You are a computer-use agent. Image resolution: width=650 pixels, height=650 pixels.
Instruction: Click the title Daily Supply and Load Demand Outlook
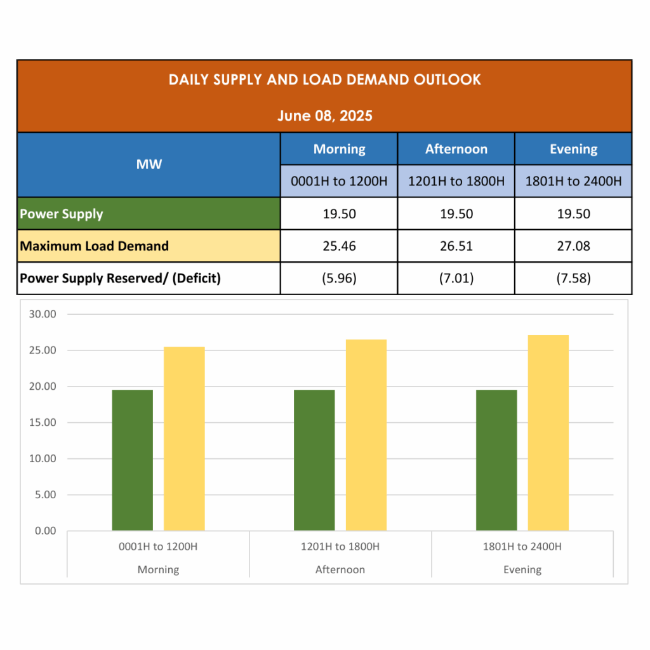(x=324, y=80)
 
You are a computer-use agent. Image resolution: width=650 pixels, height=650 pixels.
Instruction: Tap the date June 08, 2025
(x=324, y=116)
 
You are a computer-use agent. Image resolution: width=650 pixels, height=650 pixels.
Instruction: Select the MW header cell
(x=149, y=164)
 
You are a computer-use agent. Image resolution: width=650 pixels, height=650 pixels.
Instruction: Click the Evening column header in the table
(x=573, y=149)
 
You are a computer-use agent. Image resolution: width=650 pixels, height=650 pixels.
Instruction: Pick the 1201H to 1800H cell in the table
(x=456, y=182)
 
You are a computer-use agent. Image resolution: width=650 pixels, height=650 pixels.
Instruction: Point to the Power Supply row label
(x=62, y=214)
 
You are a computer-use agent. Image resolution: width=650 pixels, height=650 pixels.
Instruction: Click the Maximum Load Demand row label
(x=95, y=246)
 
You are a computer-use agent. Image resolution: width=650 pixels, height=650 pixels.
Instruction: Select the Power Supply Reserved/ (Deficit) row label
(x=121, y=279)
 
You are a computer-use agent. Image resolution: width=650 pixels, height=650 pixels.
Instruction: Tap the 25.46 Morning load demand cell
(x=339, y=246)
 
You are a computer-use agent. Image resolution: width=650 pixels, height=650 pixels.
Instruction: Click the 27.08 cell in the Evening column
(x=573, y=246)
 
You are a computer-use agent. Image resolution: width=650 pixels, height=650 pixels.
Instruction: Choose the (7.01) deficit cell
(x=456, y=279)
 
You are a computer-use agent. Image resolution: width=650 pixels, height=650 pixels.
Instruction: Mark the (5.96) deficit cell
(x=339, y=279)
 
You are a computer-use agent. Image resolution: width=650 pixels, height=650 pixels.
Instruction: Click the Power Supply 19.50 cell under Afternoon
(x=456, y=214)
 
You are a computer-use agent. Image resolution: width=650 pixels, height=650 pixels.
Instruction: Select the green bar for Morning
(x=133, y=460)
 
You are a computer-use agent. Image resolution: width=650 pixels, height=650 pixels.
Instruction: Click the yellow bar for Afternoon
(x=366, y=435)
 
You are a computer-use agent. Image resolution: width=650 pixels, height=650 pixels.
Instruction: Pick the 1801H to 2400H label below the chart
(x=522, y=547)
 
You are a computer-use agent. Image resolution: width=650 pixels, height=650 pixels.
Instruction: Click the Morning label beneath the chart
(x=158, y=570)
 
